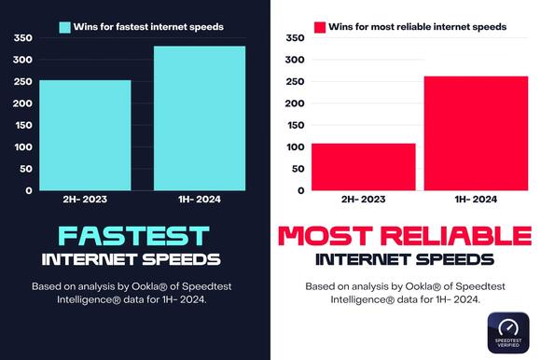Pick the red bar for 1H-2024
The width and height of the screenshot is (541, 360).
[x=476, y=132]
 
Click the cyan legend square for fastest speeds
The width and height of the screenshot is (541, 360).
[x=65, y=27]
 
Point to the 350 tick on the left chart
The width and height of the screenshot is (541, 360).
[x=22, y=38]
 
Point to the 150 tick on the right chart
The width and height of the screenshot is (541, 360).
[x=294, y=125]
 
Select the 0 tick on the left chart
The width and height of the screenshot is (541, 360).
[x=29, y=190]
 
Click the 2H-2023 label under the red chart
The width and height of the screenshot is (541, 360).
[x=362, y=200]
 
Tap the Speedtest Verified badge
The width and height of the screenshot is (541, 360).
[x=508, y=333]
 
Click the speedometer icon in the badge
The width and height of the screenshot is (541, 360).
[x=508, y=326]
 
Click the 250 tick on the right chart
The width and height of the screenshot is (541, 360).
[x=294, y=82]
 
